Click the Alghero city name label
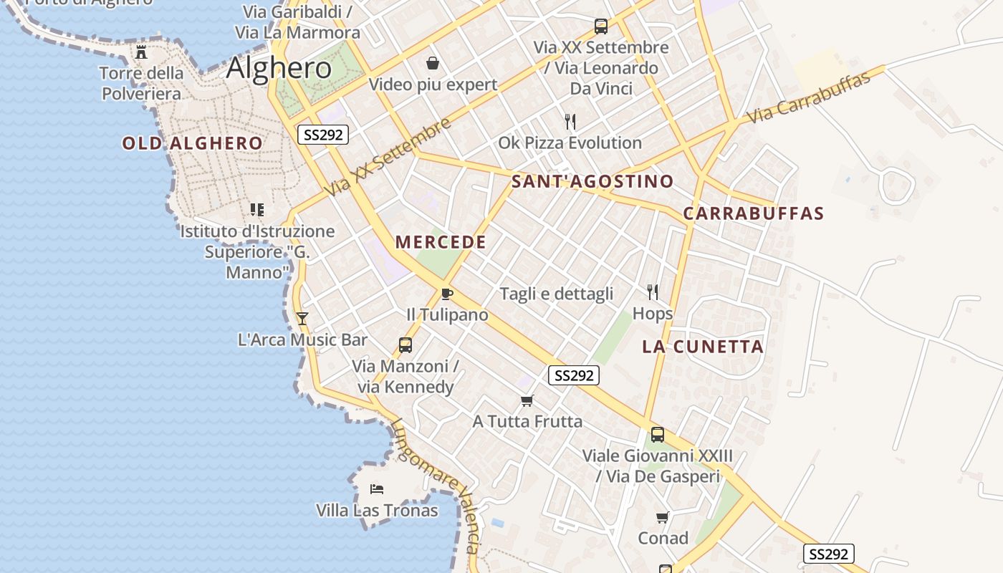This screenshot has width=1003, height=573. pos(279,68)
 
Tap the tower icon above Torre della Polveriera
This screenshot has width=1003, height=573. pos(141,52)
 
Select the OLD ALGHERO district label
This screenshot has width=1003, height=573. pos(192,143)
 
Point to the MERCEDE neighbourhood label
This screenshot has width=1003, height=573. pos(441,242)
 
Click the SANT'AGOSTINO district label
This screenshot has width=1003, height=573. pos(592,181)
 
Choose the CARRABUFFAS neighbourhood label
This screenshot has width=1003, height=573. pos(753,213)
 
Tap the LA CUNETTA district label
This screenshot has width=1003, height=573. pos(702,347)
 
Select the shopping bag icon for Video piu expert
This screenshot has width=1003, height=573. pos(433,64)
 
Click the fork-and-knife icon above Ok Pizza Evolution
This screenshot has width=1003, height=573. pos(570,122)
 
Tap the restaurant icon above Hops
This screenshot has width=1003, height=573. pos(653,292)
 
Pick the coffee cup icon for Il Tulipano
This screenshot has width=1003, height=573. pos(447,294)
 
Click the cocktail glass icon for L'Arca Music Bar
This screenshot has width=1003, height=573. pos(302,318)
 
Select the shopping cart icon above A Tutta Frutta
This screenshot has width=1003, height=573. pos(527,400)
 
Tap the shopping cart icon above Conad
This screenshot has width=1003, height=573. pos(663,517)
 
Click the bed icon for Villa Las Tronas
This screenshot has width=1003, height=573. pos(377,489)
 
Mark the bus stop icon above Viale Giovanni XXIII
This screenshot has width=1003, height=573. pos(657,434)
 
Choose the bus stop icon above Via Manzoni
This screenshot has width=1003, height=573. pos(405,345)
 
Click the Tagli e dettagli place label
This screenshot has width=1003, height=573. pos(557,294)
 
